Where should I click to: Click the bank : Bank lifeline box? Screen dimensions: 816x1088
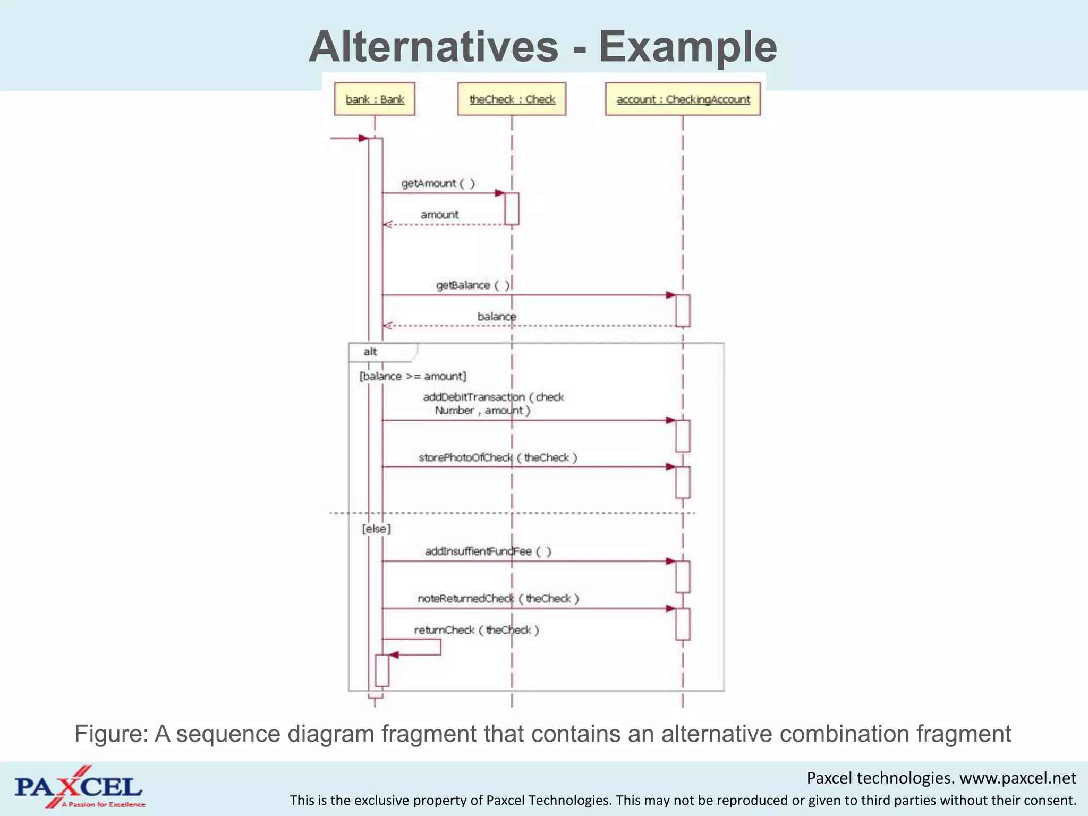click(x=375, y=99)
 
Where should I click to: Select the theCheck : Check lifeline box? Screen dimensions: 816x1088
click(x=512, y=99)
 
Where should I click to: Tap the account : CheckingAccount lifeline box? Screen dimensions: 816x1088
click(x=683, y=99)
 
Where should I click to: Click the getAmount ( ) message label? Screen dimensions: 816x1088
click(x=438, y=183)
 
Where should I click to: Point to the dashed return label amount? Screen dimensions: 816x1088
click(x=439, y=215)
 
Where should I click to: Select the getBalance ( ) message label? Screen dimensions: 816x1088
click(x=472, y=285)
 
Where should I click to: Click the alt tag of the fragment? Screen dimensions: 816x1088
click(x=371, y=352)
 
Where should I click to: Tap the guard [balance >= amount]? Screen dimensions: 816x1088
click(x=413, y=376)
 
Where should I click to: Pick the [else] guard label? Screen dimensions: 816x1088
click(x=376, y=529)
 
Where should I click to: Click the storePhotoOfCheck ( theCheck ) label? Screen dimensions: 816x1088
click(x=498, y=457)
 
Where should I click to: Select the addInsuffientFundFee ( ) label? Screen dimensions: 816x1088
click(x=488, y=551)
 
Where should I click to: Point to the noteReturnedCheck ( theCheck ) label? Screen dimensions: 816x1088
click(x=498, y=599)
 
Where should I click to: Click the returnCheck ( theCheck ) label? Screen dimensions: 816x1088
click(x=477, y=630)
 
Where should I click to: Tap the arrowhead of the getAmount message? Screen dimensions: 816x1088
click(x=500, y=193)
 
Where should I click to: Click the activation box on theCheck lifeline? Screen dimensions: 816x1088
click(x=512, y=208)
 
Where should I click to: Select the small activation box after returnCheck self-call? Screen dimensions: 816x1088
click(x=382, y=670)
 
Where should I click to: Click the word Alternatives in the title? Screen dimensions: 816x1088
click(x=433, y=47)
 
